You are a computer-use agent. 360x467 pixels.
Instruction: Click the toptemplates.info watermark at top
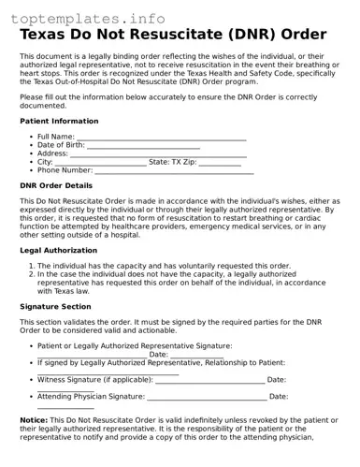click(92, 18)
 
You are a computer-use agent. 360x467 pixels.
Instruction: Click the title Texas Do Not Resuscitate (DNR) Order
click(173, 36)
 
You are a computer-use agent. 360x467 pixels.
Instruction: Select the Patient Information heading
click(59, 121)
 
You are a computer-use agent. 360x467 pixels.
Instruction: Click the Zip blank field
click(221, 164)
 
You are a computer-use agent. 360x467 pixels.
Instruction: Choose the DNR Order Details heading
click(63, 185)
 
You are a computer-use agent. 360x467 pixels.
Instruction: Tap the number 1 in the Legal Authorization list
click(30, 266)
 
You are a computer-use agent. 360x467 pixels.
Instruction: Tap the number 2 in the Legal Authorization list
click(30, 274)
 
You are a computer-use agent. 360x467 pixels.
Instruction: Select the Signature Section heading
click(55, 306)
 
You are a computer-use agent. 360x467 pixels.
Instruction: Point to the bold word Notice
click(35, 420)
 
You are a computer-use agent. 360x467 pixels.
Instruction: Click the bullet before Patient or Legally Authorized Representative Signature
click(30, 345)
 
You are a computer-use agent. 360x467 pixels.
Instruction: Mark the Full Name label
click(56, 137)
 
